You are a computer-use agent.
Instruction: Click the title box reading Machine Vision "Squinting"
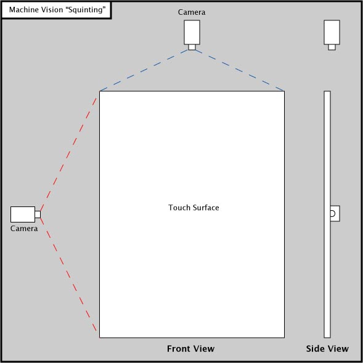click(x=56, y=10)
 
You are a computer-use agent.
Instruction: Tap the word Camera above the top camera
click(x=192, y=12)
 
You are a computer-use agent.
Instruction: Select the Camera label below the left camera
click(x=24, y=229)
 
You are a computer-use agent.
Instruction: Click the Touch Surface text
click(x=194, y=208)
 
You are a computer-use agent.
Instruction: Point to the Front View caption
click(x=190, y=349)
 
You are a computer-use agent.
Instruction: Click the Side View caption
click(x=327, y=349)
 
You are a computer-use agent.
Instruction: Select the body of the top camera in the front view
click(x=192, y=32)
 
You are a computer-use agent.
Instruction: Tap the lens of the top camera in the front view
click(x=192, y=47)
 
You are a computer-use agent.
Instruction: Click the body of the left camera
click(x=23, y=214)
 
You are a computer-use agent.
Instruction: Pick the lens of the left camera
click(x=38, y=214)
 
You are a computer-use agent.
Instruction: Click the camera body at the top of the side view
click(x=332, y=32)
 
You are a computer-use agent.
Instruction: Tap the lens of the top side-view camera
click(x=332, y=47)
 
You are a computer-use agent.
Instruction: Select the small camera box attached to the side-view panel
click(x=335, y=213)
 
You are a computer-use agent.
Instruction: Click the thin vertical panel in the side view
click(x=327, y=214)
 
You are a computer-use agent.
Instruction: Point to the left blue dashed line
click(x=144, y=70)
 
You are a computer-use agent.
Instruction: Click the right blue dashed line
click(x=240, y=70)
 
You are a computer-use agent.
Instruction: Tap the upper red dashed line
click(x=68, y=154)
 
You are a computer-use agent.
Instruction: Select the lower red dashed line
click(x=68, y=275)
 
